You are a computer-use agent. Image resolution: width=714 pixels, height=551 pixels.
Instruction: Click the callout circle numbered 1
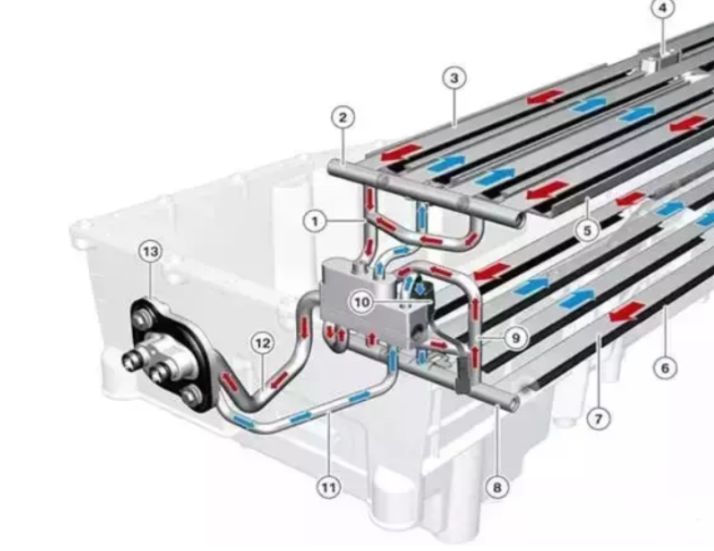[x=315, y=222]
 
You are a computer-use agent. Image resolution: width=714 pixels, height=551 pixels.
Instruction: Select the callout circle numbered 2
[x=343, y=118]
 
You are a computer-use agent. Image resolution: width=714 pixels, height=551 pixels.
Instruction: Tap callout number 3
[x=454, y=78]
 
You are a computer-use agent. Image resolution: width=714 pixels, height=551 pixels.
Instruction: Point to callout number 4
[x=663, y=8]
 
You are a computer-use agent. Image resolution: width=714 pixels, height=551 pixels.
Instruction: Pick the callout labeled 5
[x=587, y=231]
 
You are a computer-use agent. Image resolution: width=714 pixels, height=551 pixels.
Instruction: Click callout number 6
[x=665, y=368]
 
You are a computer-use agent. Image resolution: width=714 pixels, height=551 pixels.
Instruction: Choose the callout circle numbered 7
[x=598, y=418]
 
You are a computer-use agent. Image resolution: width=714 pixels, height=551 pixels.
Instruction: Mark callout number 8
[x=496, y=488]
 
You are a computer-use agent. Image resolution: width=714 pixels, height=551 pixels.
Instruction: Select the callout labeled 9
[x=516, y=338]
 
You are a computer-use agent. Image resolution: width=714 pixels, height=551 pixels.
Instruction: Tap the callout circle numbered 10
[x=362, y=302]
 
